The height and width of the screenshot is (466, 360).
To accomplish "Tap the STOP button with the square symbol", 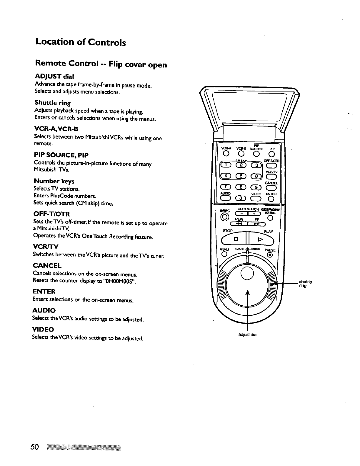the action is coord(236,239).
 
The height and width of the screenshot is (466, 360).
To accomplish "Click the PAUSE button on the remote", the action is coord(270,255).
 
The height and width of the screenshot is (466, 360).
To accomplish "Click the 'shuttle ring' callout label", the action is coord(305,284).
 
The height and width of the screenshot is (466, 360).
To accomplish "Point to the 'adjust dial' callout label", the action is coord(248,334).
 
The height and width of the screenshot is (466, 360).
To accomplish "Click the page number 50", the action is coord(35,447).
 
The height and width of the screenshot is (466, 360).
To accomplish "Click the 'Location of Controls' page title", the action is coord(81,42).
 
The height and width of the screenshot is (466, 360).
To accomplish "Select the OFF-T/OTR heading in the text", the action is coord(52,214).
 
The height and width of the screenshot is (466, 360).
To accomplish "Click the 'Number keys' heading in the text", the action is coord(54,181).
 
